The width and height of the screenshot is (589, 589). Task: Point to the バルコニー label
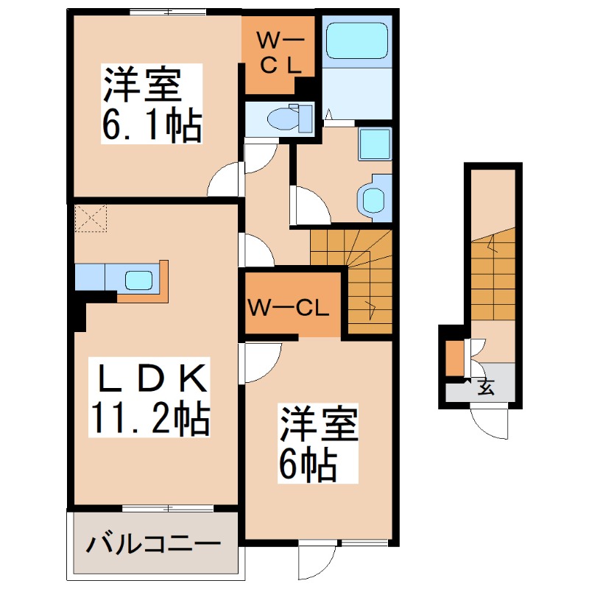[x=154, y=546]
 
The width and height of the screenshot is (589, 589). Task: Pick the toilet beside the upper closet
[x=284, y=118]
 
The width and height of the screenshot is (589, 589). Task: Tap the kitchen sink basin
[x=138, y=280]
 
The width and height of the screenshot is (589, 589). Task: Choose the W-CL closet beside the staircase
[x=288, y=306]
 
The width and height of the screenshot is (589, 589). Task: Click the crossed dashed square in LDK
[x=90, y=219]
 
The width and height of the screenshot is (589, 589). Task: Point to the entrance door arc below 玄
[x=490, y=424]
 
